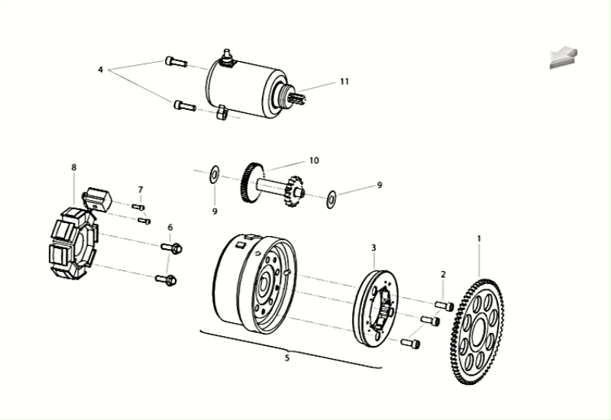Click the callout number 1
(x=480, y=238)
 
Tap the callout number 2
(x=443, y=273)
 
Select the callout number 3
(x=374, y=247)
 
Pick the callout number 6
(x=170, y=227)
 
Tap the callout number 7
(x=141, y=189)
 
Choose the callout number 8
(x=74, y=167)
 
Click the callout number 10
(x=313, y=160)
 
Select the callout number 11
(x=344, y=81)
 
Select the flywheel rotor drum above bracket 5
(x=252, y=283)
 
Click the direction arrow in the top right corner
(x=563, y=58)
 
